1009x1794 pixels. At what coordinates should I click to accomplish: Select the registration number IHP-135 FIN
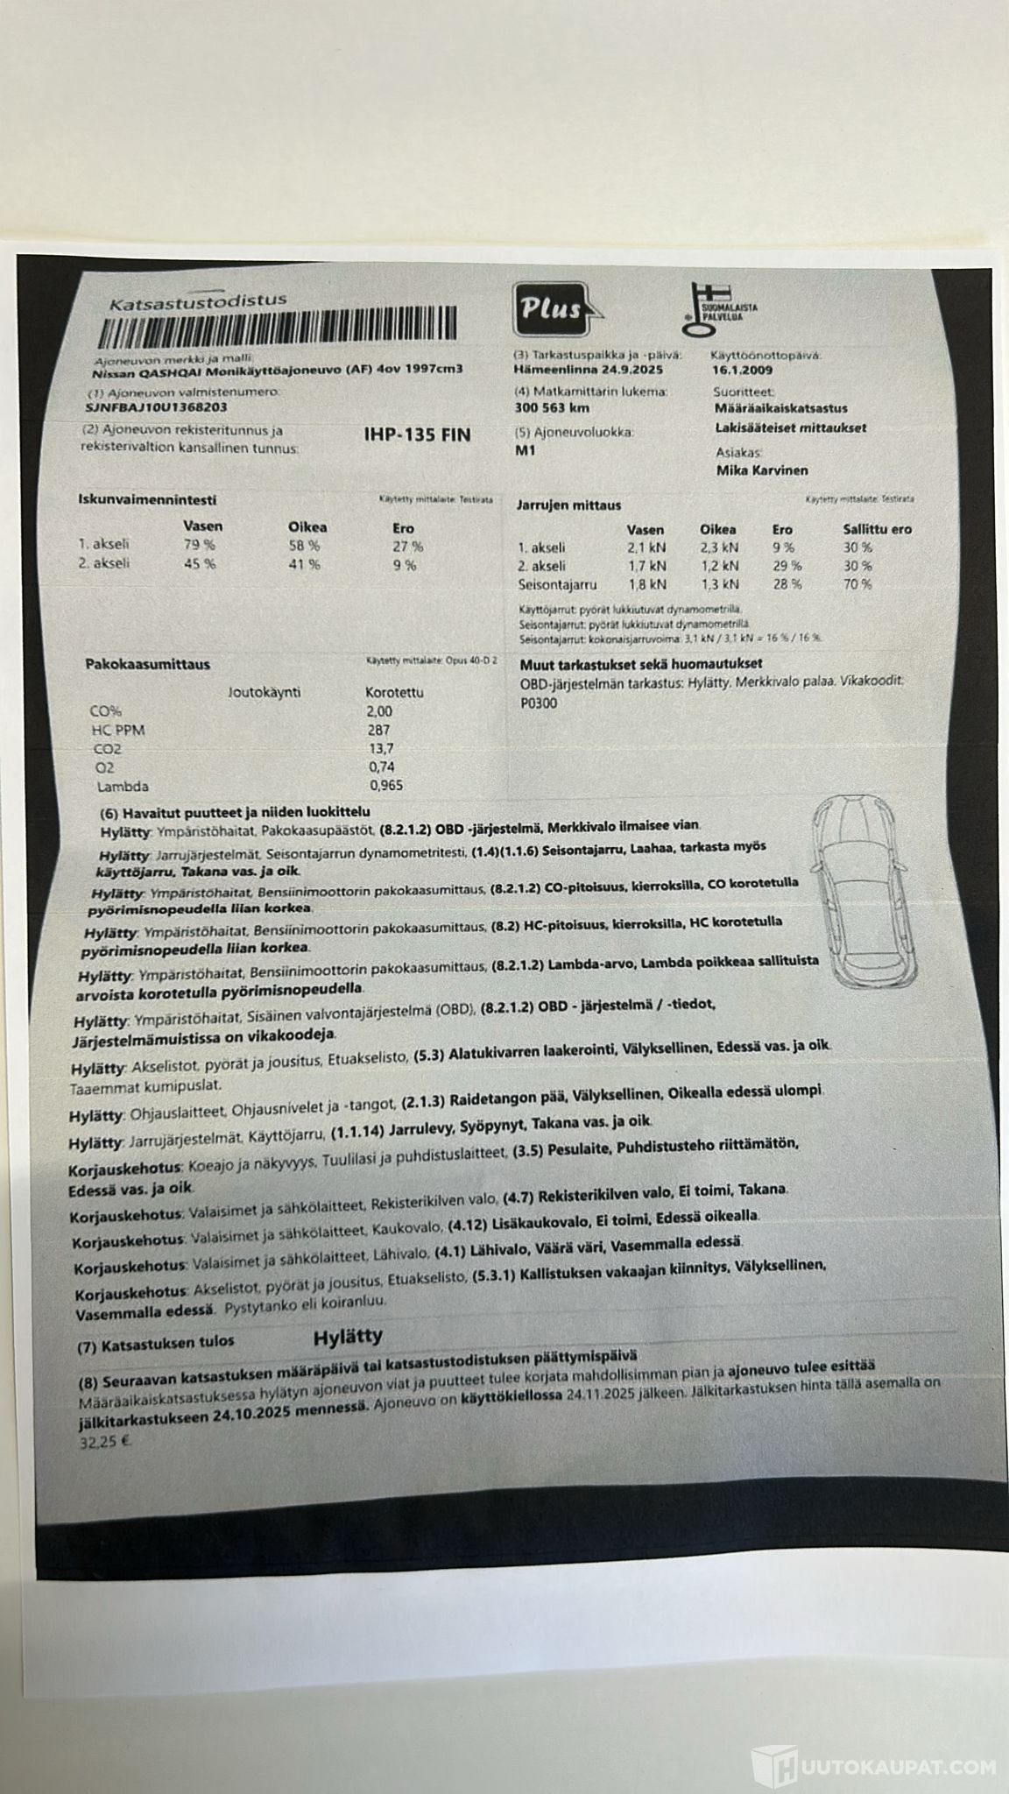[417, 435]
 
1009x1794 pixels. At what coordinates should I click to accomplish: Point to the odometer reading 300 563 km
[552, 408]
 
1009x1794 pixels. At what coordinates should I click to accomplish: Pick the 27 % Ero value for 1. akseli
[407, 547]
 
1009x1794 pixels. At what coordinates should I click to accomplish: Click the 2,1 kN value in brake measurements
[647, 547]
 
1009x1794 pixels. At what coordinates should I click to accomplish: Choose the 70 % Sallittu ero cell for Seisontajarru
[857, 584]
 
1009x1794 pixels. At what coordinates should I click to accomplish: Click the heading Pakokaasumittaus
[147, 664]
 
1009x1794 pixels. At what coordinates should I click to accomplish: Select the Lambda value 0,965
[386, 786]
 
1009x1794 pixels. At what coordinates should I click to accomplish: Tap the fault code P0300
[539, 703]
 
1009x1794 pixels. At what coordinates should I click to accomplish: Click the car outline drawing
[864, 893]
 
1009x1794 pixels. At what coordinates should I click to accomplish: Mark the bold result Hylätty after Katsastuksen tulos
[348, 1337]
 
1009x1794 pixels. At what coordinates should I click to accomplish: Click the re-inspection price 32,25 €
[99, 1439]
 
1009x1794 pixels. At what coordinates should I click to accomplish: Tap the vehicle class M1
[526, 451]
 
